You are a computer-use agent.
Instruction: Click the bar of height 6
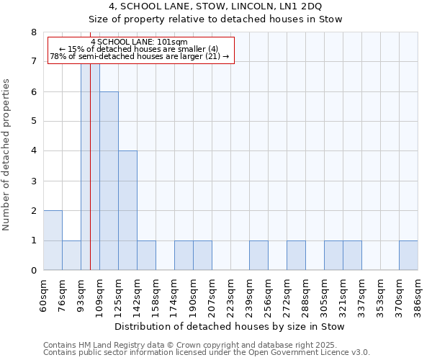tap(109, 181)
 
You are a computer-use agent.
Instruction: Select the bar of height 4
tap(127, 210)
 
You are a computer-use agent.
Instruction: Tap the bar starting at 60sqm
tap(53, 240)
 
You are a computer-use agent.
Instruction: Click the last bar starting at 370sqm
tap(408, 256)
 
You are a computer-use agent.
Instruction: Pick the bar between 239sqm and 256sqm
tap(258, 256)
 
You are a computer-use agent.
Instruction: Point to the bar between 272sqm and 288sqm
tap(296, 256)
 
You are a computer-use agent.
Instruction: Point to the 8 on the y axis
tap(33, 32)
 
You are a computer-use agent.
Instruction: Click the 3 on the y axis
tap(33, 181)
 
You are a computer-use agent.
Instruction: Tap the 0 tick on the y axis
tap(33, 271)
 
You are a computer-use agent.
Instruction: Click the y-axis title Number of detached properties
tap(7, 155)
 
